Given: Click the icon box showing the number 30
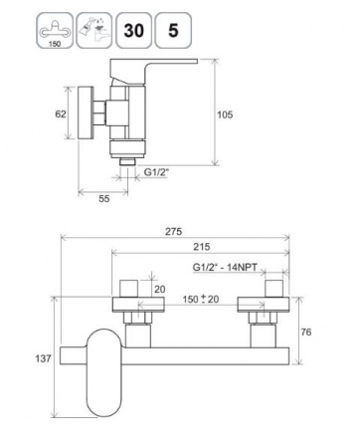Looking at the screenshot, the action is [134, 30].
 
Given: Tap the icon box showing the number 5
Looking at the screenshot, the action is [173, 30].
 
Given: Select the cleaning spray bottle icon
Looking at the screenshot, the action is [94, 30].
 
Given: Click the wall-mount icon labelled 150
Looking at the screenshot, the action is [55, 30].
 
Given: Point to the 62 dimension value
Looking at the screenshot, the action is [61, 114].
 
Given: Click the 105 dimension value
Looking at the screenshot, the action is [225, 114].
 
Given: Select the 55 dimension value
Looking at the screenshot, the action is [104, 199].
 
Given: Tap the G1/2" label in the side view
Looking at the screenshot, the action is [156, 172].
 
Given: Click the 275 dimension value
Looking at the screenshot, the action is [174, 231].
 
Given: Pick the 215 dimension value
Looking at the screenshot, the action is [202, 247].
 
